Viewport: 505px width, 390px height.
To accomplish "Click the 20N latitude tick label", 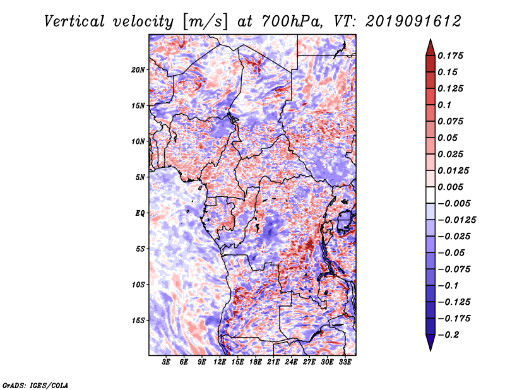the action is (x=138, y=69).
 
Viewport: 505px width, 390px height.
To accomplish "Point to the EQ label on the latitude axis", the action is (x=140, y=213).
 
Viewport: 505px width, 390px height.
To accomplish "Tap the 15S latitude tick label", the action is (x=138, y=321).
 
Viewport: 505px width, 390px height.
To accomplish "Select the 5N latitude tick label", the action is (x=140, y=177).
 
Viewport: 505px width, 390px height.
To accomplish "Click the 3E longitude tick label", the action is (x=166, y=362).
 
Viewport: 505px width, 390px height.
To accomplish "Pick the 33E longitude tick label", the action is (x=345, y=362).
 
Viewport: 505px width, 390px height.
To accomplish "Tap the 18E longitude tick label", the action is (x=256, y=362).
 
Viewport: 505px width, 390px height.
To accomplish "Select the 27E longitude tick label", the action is (x=309, y=362).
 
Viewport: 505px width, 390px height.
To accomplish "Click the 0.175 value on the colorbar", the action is (x=450, y=56).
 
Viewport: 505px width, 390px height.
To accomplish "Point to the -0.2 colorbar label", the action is (x=448, y=335).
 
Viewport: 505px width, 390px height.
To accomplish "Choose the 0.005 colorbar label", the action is (x=450, y=187).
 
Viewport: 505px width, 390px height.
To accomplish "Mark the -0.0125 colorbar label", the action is (x=456, y=220).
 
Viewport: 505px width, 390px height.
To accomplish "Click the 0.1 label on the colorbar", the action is (x=444, y=105).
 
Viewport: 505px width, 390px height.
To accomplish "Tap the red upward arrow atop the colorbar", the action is (x=431, y=48).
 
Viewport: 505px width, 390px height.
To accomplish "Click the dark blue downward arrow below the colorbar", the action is (x=431, y=343).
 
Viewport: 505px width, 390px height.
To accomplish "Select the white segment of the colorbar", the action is (x=431, y=195).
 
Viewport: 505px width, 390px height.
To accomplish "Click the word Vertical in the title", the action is (x=74, y=21).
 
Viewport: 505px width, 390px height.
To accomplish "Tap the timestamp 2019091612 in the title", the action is (x=413, y=21).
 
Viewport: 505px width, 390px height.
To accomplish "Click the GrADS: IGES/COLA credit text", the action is (x=35, y=386).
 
